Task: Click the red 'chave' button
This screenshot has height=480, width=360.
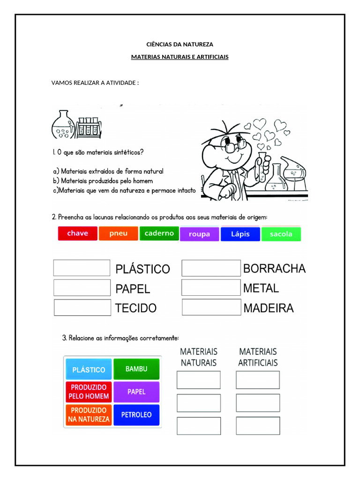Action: [x=77, y=233]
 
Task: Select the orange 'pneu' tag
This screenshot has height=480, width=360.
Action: [x=119, y=233]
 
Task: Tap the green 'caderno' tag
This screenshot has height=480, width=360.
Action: [x=159, y=233]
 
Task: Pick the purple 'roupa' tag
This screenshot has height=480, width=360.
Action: [x=199, y=234]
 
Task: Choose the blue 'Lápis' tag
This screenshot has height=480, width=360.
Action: [x=240, y=234]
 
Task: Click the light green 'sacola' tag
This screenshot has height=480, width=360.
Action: [x=281, y=234]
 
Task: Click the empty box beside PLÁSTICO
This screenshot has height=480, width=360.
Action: [x=82, y=268]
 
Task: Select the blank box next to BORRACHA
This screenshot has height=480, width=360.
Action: [x=210, y=268]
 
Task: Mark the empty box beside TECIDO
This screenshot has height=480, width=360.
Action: [x=82, y=307]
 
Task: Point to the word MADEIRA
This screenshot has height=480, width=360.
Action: [x=269, y=308]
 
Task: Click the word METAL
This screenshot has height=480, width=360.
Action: [x=261, y=288]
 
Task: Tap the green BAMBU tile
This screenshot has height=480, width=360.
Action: [x=136, y=369]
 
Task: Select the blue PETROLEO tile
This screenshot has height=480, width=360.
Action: [x=136, y=415]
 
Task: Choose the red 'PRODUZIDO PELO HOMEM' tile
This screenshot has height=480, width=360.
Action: [x=89, y=392]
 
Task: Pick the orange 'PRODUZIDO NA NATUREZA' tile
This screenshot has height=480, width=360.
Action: [x=89, y=415]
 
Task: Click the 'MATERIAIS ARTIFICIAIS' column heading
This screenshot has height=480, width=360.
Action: [x=258, y=357]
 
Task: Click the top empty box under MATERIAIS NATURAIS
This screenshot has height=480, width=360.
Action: [x=198, y=380]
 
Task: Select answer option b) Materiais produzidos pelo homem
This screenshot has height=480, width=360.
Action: [x=103, y=181]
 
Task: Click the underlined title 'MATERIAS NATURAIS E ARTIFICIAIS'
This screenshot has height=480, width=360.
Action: [x=180, y=57]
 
